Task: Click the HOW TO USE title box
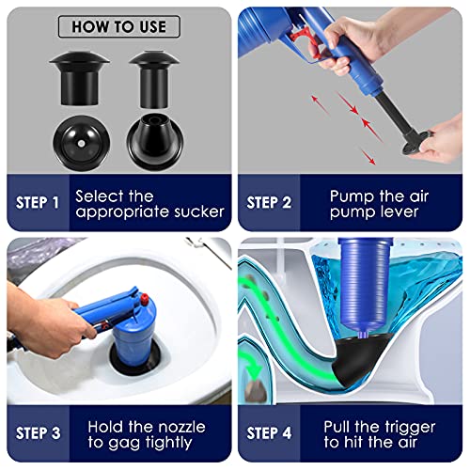tap(119, 26)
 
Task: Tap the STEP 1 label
tap(38, 203)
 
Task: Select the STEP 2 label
tap(269, 203)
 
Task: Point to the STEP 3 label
tap(38, 433)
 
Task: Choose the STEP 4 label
tap(269, 433)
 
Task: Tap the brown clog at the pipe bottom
tap(255, 391)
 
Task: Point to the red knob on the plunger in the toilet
tap(145, 299)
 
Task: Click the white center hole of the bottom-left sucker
tap(82, 144)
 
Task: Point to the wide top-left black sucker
tap(79, 77)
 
